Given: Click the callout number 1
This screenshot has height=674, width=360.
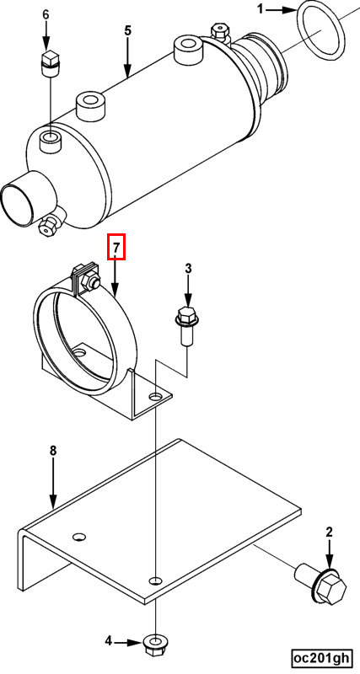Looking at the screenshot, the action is [261, 8].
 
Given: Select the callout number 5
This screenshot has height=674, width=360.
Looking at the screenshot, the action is [128, 31].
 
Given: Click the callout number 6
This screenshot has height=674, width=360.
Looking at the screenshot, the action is [46, 14].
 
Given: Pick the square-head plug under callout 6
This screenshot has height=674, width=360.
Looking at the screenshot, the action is [50, 64].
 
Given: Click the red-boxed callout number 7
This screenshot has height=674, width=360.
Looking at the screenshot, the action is [116, 247].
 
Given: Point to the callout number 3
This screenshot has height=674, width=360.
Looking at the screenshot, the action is [188, 269].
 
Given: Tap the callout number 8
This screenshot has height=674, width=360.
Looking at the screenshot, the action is [53, 451].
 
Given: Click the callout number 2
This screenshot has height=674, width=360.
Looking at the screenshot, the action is [329, 532].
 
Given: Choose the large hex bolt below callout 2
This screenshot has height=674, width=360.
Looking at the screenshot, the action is [321, 583].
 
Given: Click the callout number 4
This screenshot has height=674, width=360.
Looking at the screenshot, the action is [109, 641].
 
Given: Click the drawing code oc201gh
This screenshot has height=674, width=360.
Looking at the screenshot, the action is [320, 658].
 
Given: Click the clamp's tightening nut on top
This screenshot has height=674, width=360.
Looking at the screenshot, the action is [93, 281].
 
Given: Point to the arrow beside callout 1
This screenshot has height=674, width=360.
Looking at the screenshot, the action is [282, 9].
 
